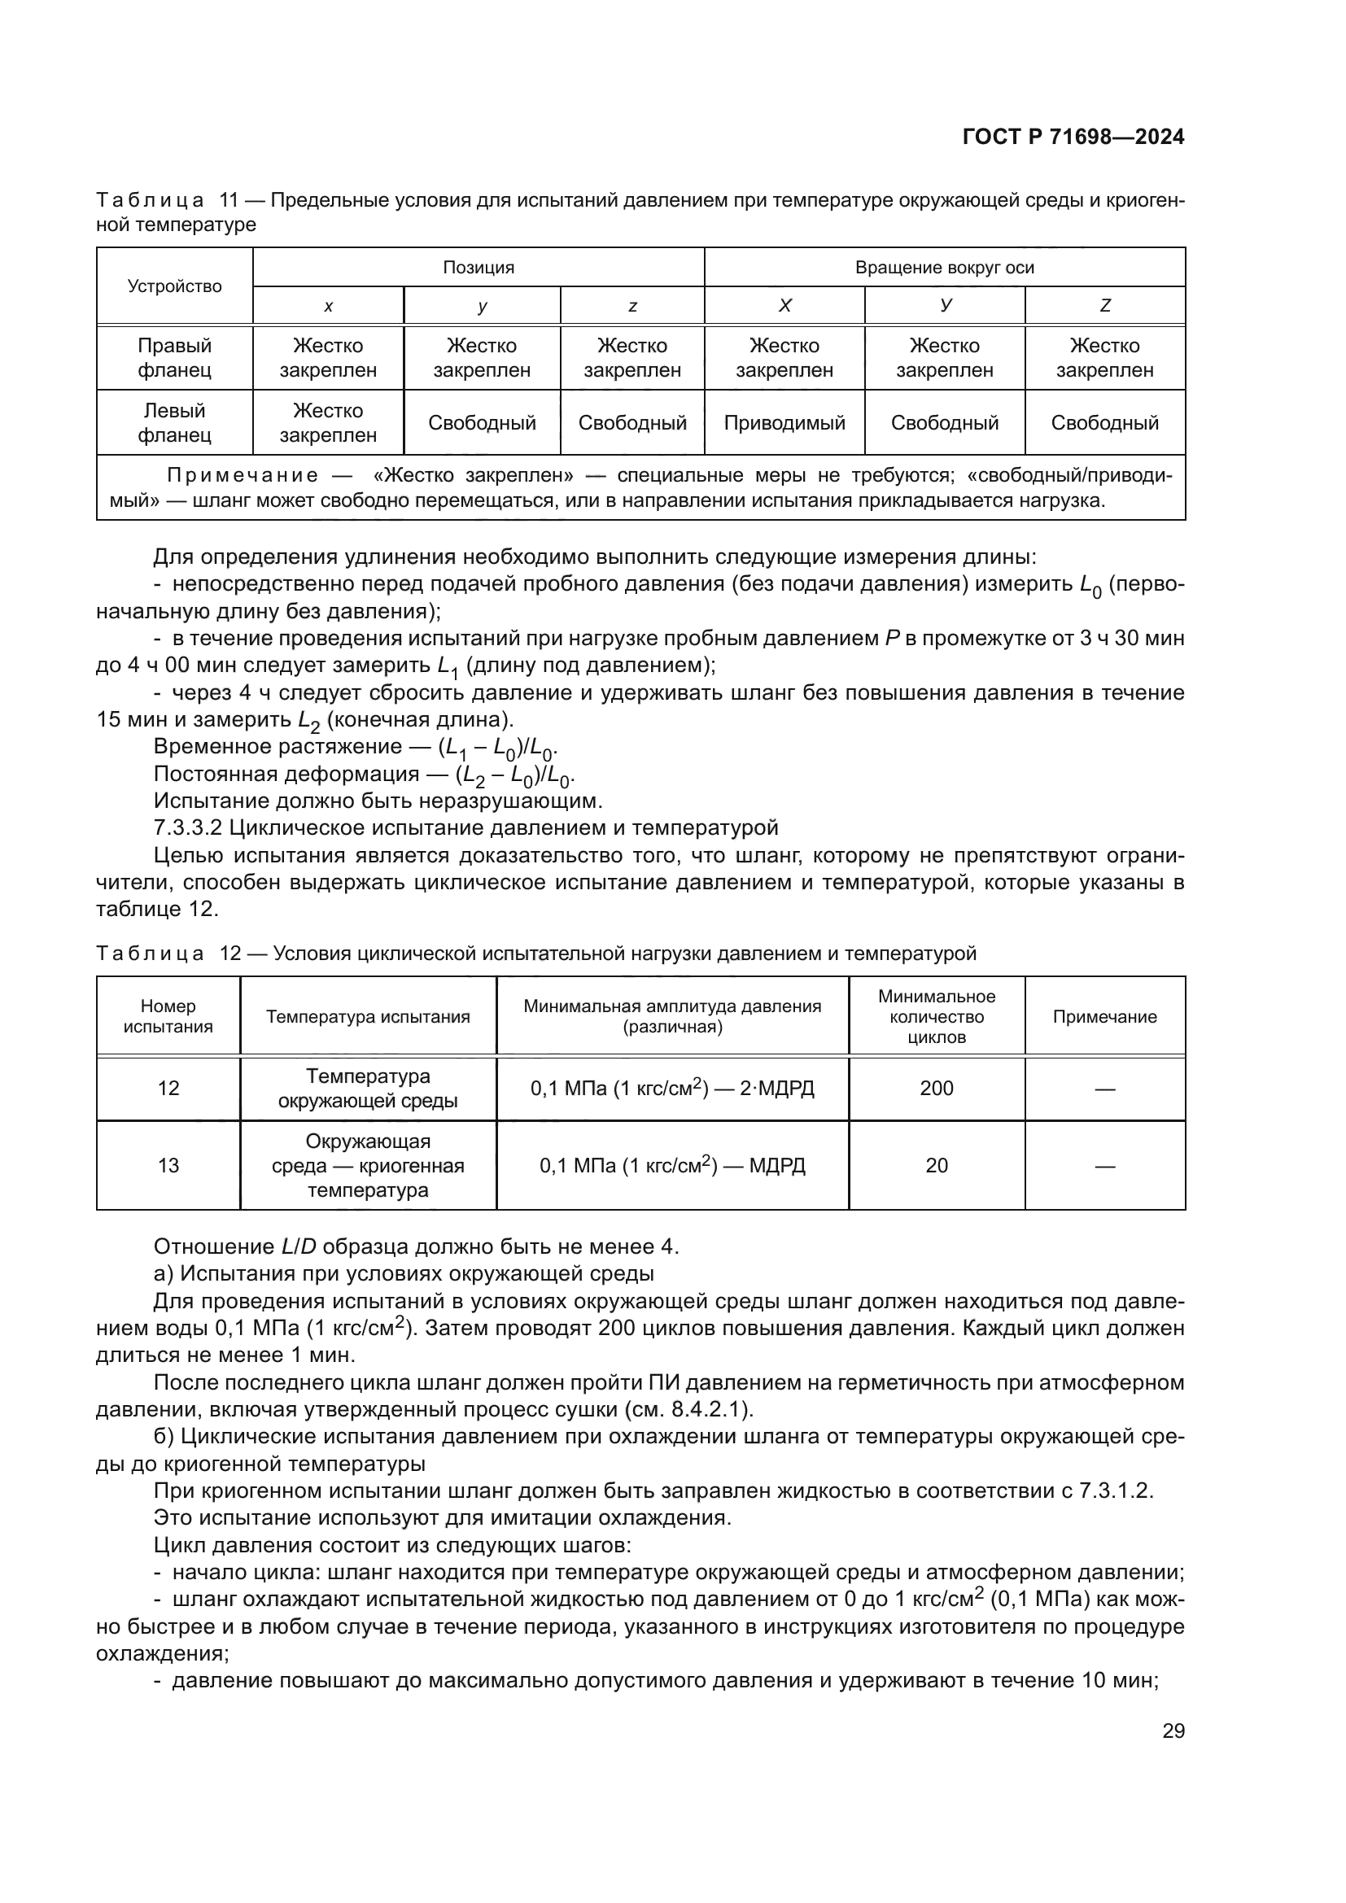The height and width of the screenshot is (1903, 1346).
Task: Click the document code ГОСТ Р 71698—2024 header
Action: pos(1073,137)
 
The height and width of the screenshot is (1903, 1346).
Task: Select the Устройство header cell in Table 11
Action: pos(174,286)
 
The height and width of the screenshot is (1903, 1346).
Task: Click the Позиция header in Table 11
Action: pos(479,267)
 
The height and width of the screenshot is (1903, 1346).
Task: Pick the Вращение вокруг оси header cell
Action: pos(944,267)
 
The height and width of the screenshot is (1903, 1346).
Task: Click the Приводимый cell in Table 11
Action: pos(784,423)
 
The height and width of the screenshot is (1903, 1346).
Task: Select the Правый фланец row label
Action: pos(174,357)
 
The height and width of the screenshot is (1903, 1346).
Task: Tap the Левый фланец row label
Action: pos(174,423)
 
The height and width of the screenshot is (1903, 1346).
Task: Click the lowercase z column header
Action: pos(632,306)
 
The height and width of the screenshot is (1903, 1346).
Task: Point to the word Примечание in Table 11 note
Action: pos(242,475)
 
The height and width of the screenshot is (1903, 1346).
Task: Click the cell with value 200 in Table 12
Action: pos(936,1089)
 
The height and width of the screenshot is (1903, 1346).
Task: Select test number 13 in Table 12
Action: pos(168,1165)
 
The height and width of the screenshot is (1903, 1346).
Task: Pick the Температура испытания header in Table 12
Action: pos(368,1017)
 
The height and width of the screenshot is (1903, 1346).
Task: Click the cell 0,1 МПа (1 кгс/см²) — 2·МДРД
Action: pos(672,1089)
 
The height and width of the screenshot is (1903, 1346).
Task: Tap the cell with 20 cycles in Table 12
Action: pos(936,1165)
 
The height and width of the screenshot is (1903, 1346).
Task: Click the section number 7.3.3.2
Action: pos(188,827)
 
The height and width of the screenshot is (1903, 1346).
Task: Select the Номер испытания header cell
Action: pos(168,1016)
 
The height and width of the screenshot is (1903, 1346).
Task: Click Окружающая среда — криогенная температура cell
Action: pos(368,1165)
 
